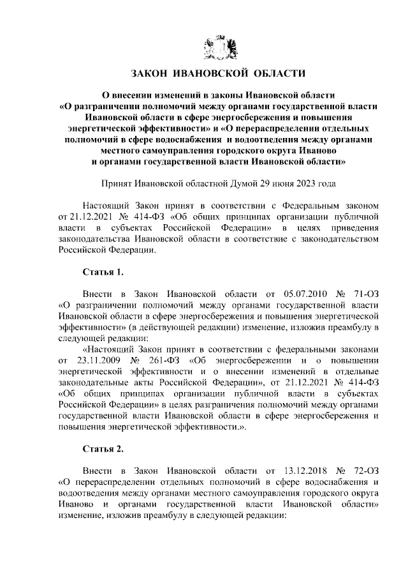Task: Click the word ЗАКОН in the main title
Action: tap(152, 73)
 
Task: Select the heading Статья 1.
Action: tap(103, 272)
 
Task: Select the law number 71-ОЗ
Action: tap(365, 294)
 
